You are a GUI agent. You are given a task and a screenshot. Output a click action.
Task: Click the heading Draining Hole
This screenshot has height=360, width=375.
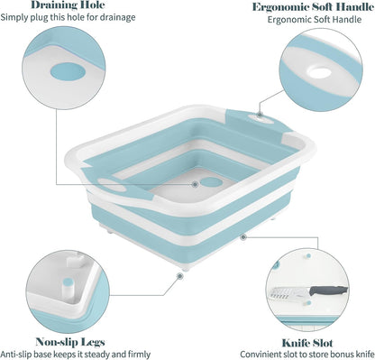(x=69, y=5)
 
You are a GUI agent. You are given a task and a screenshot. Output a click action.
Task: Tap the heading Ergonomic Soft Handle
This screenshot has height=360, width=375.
(x=313, y=7)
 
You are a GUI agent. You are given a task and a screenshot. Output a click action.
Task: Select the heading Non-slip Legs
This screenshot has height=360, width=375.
(x=70, y=342)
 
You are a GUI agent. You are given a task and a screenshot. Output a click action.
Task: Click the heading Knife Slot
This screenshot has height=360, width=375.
(x=307, y=343)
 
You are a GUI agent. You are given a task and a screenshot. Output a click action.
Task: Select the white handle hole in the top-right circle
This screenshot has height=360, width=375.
(x=319, y=72)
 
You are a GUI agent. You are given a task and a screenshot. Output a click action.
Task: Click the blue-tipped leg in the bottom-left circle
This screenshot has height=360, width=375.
(x=68, y=288)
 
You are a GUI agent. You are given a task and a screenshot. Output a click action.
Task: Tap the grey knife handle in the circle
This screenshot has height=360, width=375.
(x=328, y=291)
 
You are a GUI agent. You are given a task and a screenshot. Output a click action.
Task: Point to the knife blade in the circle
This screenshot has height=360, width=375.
(x=290, y=293)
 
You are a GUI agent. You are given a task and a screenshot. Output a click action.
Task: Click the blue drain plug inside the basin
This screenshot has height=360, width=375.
(x=212, y=181)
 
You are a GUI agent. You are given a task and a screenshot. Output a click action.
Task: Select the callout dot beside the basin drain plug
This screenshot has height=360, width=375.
(x=195, y=184)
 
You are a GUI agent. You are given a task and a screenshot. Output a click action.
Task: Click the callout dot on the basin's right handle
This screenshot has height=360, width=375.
(x=260, y=115)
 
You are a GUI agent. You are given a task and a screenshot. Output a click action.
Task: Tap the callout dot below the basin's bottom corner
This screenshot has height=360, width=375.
(x=180, y=276)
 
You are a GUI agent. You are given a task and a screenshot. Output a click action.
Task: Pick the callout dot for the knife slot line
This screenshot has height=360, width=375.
(x=243, y=237)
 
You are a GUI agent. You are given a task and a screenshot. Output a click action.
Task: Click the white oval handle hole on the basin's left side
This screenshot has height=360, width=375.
(x=112, y=185)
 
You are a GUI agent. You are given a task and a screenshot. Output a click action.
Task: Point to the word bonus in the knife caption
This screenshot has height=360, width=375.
(x=339, y=354)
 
